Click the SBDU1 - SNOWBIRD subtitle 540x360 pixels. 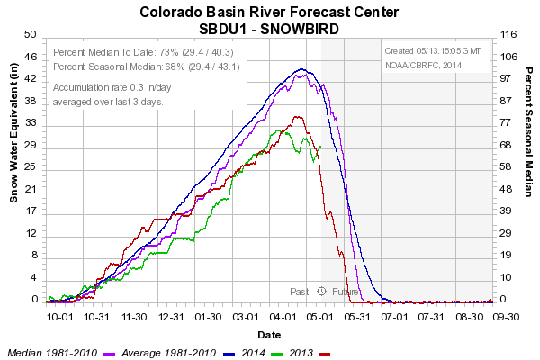[x=269, y=29]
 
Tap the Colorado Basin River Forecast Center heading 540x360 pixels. [x=269, y=12]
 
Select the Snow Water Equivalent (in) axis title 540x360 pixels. [x=13, y=133]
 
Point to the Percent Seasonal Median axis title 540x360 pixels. [x=528, y=132]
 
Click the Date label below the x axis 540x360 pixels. [x=269, y=335]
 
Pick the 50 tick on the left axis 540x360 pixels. [x=31, y=34]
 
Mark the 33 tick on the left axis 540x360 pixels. [x=31, y=122]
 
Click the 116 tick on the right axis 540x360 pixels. [x=508, y=34]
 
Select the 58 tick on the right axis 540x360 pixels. [x=506, y=166]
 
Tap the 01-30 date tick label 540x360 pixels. [x=208, y=317]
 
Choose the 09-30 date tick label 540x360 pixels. [x=506, y=317]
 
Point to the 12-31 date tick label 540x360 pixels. [x=171, y=317]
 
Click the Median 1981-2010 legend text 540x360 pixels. [x=52, y=353]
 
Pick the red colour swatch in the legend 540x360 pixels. [x=324, y=354]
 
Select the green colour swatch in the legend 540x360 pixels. [x=277, y=354]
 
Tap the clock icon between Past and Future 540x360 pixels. [x=321, y=291]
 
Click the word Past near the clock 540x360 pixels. [x=300, y=292]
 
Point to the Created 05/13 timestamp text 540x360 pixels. [x=433, y=51]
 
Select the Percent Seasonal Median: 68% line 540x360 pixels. [x=147, y=67]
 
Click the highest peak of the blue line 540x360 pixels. [x=301, y=69]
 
